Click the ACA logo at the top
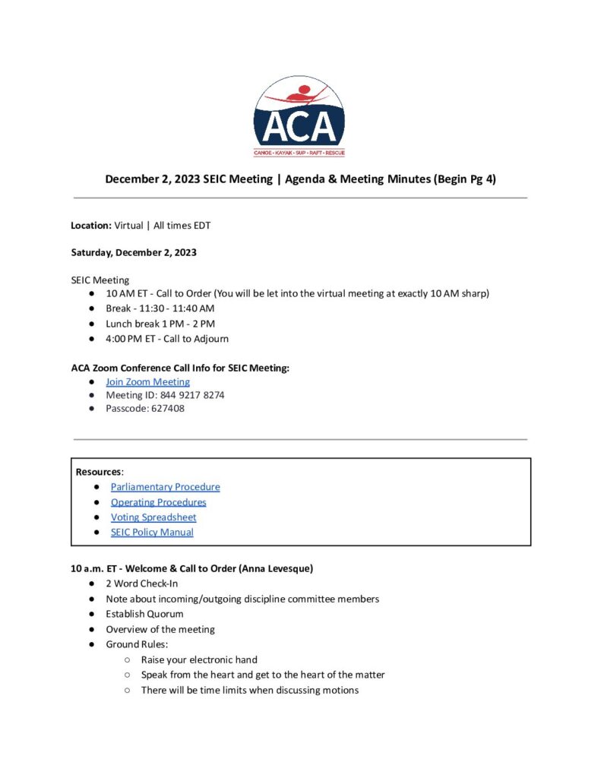[299, 116]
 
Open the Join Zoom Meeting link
[147, 382]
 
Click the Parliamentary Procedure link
[165, 487]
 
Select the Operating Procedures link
[158, 502]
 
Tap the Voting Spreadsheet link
[153, 517]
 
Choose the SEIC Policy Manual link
[152, 533]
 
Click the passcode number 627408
[166, 408]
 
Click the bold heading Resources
[99, 472]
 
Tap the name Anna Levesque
[264, 568]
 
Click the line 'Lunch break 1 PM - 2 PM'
[160, 324]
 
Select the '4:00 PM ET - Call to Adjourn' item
[166, 339]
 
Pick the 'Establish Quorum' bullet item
[144, 614]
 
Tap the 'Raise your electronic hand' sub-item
[199, 659]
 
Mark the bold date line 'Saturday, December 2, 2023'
[134, 252]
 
